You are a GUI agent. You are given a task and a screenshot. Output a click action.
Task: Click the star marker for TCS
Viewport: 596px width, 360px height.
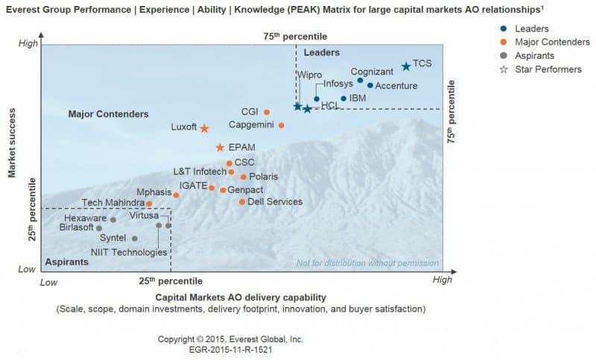(x=406, y=66)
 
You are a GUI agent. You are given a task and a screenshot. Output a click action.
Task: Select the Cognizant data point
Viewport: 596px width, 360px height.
(x=361, y=80)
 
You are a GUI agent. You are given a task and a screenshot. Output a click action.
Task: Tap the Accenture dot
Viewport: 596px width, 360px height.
(x=370, y=86)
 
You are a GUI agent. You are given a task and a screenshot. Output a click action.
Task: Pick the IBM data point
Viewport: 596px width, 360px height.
(x=343, y=98)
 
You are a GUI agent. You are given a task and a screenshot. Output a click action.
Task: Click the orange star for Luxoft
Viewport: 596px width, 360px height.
(x=204, y=128)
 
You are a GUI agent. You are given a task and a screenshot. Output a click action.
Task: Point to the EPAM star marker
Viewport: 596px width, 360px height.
(x=220, y=148)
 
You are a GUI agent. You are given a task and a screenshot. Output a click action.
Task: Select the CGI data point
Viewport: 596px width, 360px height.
(x=267, y=113)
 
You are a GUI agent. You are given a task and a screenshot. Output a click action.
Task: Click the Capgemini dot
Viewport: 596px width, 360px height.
(x=281, y=125)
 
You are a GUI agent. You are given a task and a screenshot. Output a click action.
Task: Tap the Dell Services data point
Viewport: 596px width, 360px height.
(x=242, y=201)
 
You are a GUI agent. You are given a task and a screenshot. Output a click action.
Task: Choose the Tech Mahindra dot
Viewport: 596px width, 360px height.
(x=149, y=203)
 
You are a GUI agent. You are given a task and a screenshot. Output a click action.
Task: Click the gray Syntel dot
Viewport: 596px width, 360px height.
(x=135, y=239)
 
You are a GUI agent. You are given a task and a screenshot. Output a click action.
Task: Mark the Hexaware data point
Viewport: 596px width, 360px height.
(x=113, y=220)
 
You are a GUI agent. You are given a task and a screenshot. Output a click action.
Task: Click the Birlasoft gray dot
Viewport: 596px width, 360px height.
(x=99, y=228)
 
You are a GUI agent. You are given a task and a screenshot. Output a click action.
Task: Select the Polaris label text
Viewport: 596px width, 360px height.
(x=263, y=177)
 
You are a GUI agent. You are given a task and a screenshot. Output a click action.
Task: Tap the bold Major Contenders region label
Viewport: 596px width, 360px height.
(x=108, y=114)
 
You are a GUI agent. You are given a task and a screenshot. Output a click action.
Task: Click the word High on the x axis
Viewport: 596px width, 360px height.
(x=442, y=280)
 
